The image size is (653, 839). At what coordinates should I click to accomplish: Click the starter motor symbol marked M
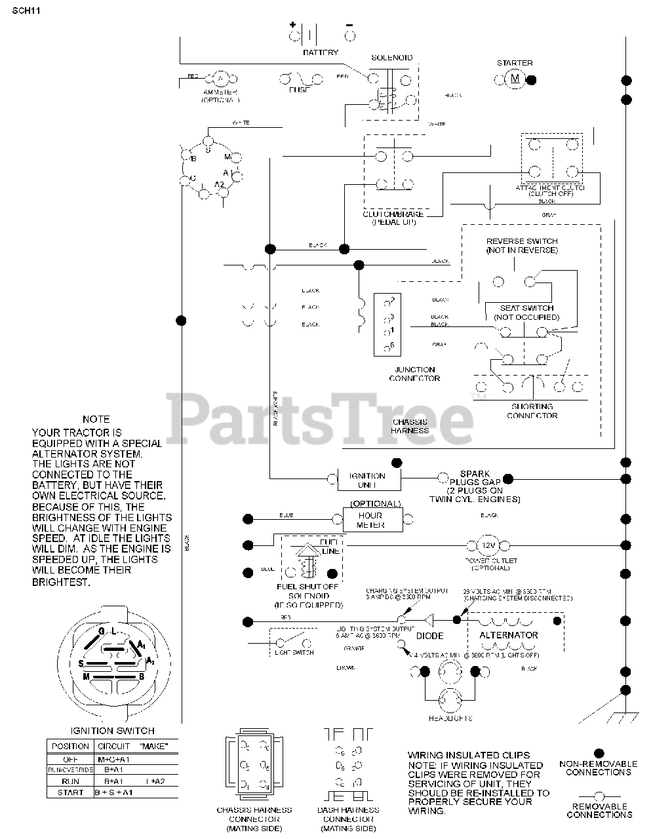click(x=514, y=79)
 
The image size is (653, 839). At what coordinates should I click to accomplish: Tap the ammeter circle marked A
click(x=220, y=79)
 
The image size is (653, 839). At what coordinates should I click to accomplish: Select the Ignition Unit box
click(x=367, y=480)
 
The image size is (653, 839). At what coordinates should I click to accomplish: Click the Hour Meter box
click(x=370, y=520)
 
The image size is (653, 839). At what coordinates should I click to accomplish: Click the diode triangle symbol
click(x=429, y=619)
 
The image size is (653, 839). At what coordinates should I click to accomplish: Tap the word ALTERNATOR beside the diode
click(x=509, y=635)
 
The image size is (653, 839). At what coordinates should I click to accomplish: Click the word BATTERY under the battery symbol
click(x=321, y=52)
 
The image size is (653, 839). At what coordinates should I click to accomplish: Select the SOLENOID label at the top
click(x=392, y=58)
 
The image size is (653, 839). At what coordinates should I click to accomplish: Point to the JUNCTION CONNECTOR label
click(x=414, y=374)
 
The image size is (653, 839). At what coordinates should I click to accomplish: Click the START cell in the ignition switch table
click(x=70, y=792)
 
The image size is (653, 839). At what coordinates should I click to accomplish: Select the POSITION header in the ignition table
click(x=70, y=746)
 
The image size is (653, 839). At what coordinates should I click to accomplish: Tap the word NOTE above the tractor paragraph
click(x=96, y=419)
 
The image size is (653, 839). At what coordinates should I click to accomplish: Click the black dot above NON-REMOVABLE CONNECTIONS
click(x=598, y=754)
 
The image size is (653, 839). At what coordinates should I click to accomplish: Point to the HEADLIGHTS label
click(x=450, y=718)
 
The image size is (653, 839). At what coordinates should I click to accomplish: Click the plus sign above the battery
click(x=292, y=26)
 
